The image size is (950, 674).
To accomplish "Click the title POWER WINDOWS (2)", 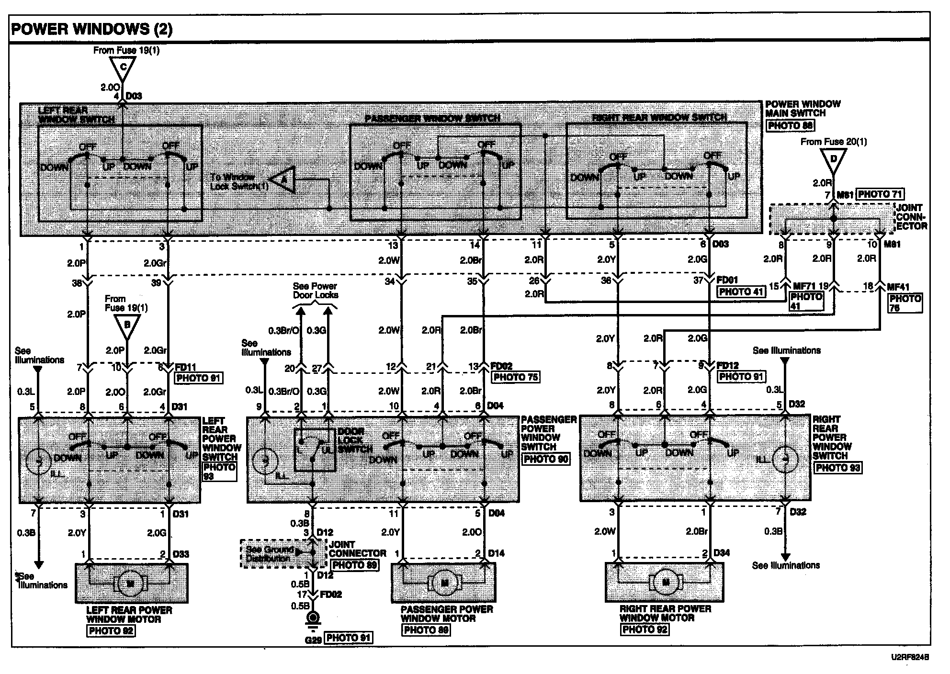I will tap(91, 29).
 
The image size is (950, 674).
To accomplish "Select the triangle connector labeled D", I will tap(833, 159).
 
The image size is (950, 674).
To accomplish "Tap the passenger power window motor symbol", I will tap(445, 582).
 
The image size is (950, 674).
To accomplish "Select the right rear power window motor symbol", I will tap(665, 583).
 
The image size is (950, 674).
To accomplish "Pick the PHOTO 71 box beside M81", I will tap(880, 194).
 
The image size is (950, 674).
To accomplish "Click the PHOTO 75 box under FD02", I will tap(515, 377).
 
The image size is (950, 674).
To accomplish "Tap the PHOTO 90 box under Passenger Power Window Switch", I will tap(546, 459).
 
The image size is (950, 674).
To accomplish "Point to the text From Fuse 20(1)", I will tap(833, 142).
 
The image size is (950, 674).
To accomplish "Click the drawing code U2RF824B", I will tap(909, 658).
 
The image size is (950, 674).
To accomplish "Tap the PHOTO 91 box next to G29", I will tap(348, 638).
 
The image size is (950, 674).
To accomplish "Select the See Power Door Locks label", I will tap(315, 291).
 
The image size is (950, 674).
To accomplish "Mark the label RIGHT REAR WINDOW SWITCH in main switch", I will tap(659, 117).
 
